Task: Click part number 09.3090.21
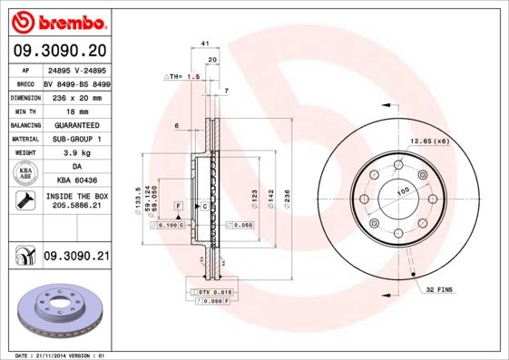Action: [x=76, y=258]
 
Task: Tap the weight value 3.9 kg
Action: [x=76, y=153]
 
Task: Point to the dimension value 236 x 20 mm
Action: [x=76, y=95]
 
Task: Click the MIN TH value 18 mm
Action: [x=76, y=110]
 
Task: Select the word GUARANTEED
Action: [x=76, y=124]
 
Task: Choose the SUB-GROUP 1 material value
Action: [x=76, y=139]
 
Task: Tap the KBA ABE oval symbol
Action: [x=24, y=175]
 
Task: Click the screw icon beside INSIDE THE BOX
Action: [x=24, y=202]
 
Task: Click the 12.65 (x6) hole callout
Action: [x=429, y=141]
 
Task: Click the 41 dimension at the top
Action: [x=205, y=44]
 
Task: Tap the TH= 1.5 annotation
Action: [x=181, y=78]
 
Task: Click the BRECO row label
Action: [x=25, y=82]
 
